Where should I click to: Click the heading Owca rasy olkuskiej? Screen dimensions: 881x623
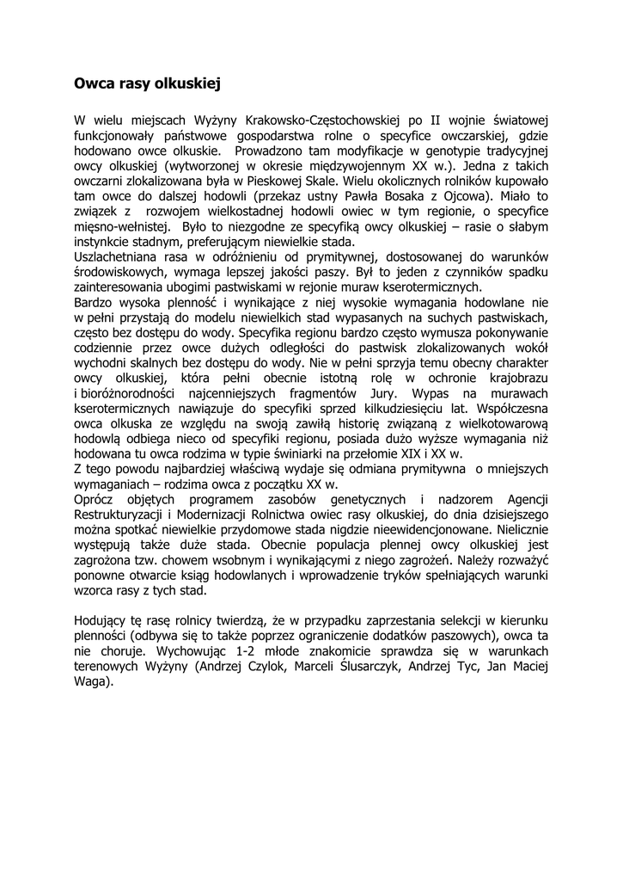148,84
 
